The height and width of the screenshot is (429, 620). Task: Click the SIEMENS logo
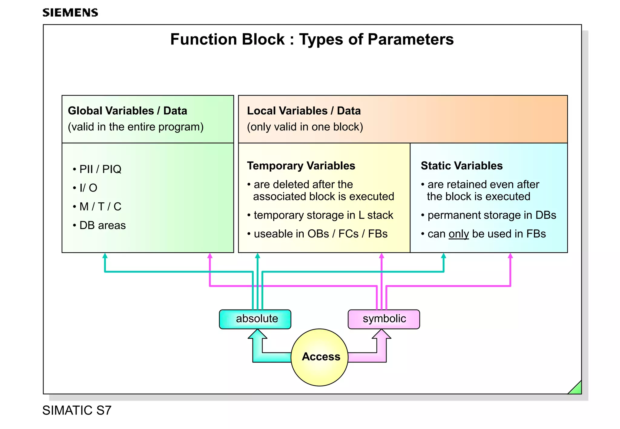point(70,13)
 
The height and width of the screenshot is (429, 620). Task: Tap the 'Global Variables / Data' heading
point(127,111)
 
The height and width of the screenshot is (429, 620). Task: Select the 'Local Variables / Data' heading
point(304,111)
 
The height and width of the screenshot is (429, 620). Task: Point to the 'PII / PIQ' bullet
point(100,169)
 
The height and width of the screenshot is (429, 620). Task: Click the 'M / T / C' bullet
point(100,207)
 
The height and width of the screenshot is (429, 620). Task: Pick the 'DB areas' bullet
point(102,225)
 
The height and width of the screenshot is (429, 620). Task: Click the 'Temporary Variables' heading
point(301,166)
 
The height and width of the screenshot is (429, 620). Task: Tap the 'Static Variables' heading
point(461,166)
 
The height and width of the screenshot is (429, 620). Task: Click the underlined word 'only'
point(459,234)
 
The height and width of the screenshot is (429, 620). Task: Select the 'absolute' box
point(255,319)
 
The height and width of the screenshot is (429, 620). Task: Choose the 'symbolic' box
point(384,319)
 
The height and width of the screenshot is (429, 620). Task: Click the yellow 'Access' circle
point(320,357)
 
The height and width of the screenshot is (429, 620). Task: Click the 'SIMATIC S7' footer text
point(77,411)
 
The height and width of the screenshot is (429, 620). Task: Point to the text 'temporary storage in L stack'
point(323,215)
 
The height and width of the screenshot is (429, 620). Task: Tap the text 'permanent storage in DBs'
point(492,215)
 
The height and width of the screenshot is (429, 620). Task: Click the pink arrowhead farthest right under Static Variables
point(510,256)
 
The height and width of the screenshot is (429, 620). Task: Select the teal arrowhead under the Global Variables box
point(105,256)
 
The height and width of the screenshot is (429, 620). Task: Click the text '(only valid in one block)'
point(305,127)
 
